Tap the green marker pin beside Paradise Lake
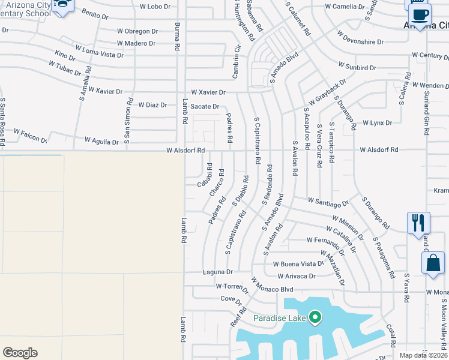click(315, 317)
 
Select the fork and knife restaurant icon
click(418, 223)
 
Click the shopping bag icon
click(433, 265)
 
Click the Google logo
click(20, 353)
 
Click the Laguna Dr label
click(217, 272)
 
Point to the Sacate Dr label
click(205, 106)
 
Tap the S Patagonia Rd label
click(384, 257)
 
